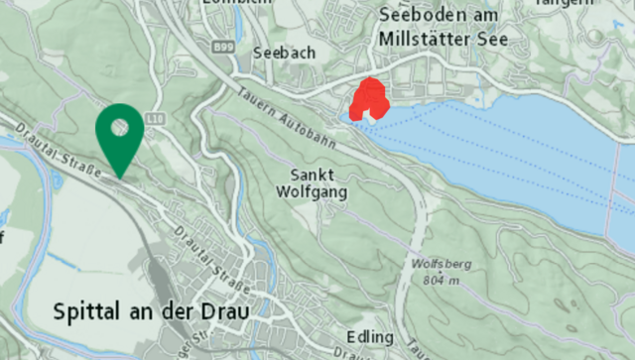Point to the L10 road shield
154,118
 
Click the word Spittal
88,311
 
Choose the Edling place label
371,338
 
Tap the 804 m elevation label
434,281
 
